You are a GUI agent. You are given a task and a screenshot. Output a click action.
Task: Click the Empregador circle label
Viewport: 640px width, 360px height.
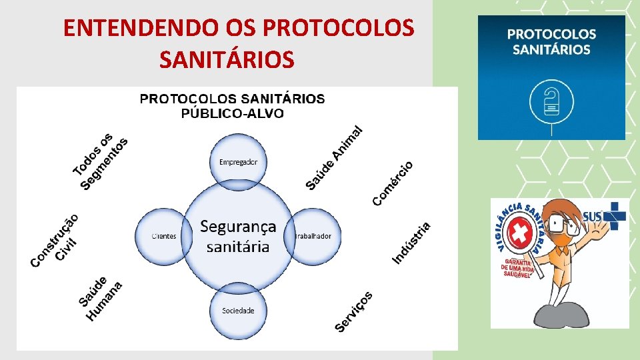238,162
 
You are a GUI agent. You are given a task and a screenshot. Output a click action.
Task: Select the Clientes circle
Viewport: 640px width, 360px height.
163,236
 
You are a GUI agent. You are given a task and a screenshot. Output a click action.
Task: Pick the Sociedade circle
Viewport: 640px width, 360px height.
238,311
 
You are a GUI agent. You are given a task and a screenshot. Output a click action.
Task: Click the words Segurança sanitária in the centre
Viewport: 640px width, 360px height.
238,236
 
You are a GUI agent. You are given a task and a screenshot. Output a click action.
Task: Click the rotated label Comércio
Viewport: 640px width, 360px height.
393,183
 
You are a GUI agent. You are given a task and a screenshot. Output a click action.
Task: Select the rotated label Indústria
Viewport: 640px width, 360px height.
411,242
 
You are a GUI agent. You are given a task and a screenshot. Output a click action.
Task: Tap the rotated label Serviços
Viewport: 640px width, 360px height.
354,311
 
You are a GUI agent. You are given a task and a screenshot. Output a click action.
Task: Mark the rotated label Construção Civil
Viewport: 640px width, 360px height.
56,240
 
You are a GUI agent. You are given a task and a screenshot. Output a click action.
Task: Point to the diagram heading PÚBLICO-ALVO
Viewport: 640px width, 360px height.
232,113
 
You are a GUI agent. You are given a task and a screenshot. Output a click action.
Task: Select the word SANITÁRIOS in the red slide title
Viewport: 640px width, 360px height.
227,60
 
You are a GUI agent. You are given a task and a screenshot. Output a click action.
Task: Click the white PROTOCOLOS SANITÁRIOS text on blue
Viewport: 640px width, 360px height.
551,41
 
